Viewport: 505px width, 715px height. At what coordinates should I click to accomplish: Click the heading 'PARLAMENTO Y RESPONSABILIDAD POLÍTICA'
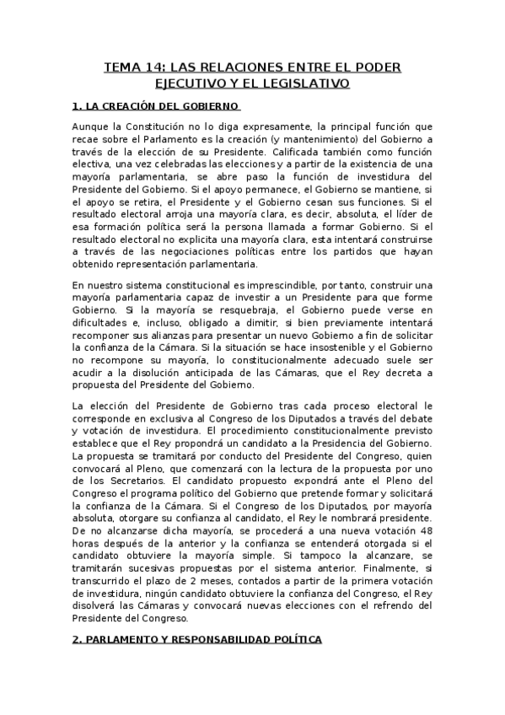(202, 640)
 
